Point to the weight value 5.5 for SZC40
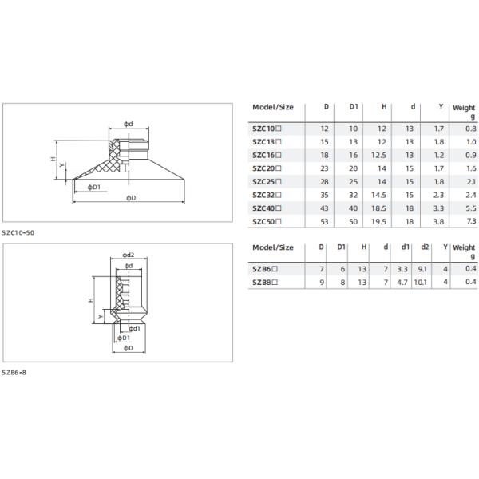[469, 207]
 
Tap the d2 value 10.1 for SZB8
[422, 282]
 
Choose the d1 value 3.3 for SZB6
[402, 269]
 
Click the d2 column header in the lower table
[424, 248]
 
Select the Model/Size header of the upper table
[273, 106]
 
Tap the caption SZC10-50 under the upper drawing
[18, 232]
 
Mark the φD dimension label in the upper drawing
[131, 197]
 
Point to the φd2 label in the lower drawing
[128, 255]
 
